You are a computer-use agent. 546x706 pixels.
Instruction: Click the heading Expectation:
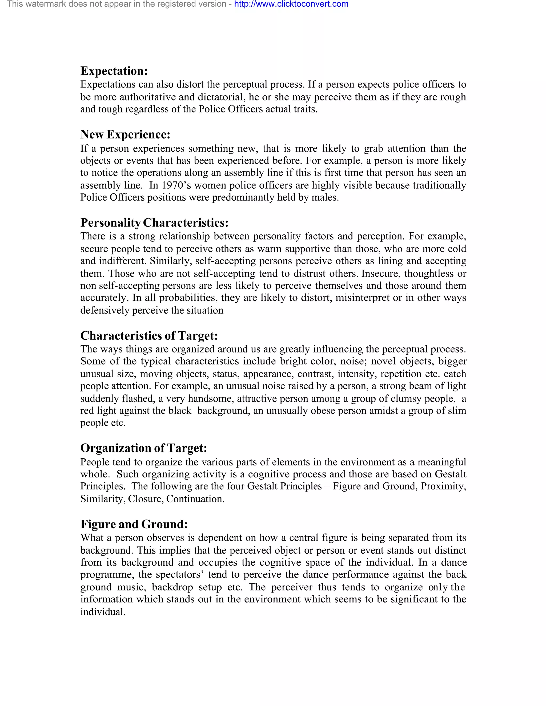(114, 71)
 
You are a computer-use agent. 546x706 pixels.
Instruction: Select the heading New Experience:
(125, 135)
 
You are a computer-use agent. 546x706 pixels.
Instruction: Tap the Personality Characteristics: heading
(154, 223)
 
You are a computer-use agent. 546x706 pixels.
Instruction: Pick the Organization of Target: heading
(144, 448)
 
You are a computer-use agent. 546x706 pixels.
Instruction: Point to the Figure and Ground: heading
(134, 524)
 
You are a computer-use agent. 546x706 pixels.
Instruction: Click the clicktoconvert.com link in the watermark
(291, 4)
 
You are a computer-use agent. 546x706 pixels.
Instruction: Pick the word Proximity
(443, 486)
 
